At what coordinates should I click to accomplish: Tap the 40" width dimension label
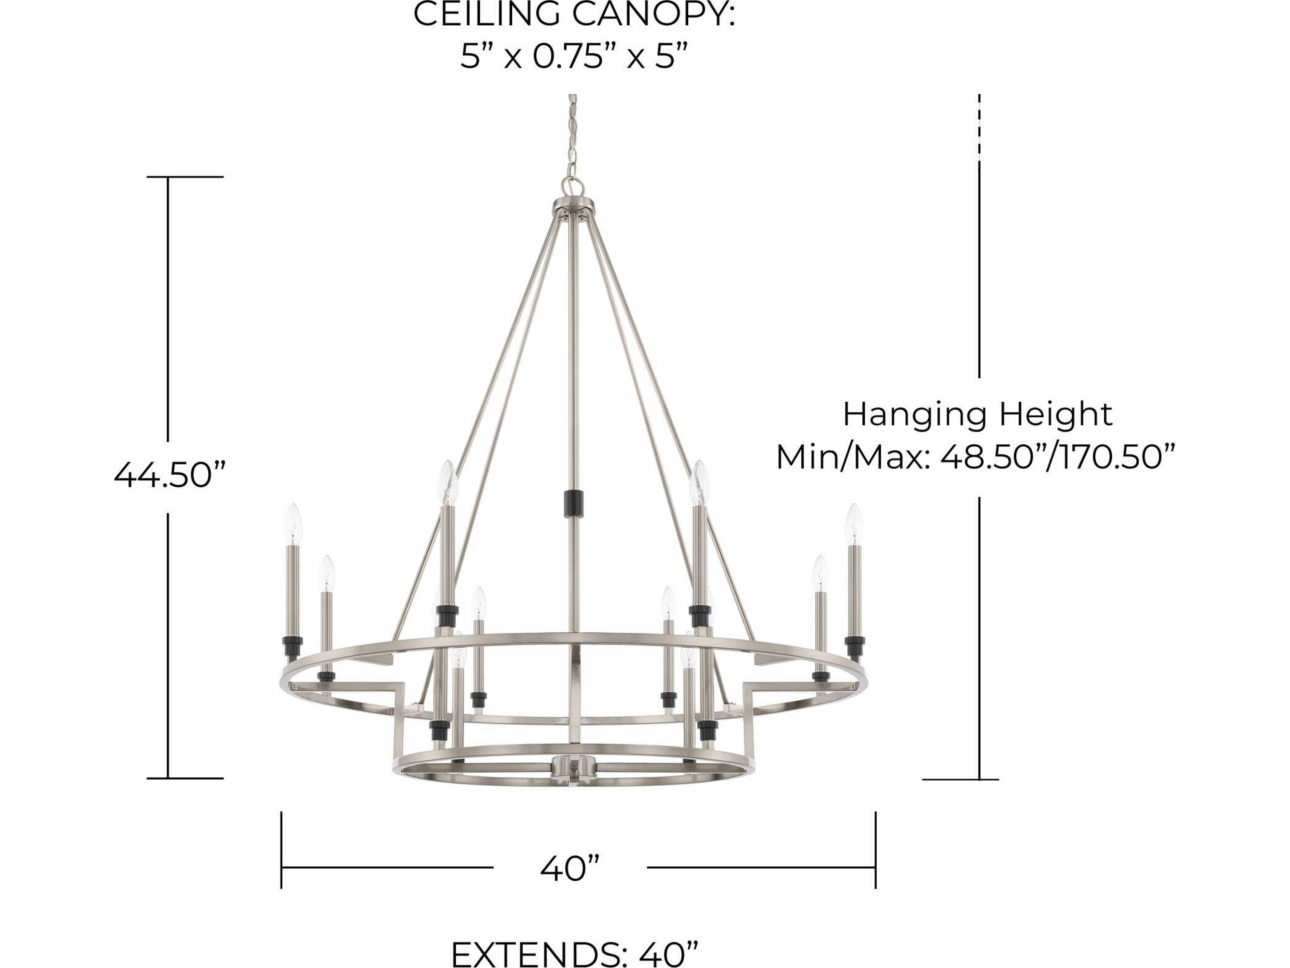click(570, 868)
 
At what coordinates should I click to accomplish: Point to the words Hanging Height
click(978, 414)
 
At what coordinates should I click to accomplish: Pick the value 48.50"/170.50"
click(1057, 456)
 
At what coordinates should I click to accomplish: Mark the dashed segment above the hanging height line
click(979, 125)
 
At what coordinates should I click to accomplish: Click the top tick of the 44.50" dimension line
click(185, 177)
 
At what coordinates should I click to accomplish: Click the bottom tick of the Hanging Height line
click(960, 779)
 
